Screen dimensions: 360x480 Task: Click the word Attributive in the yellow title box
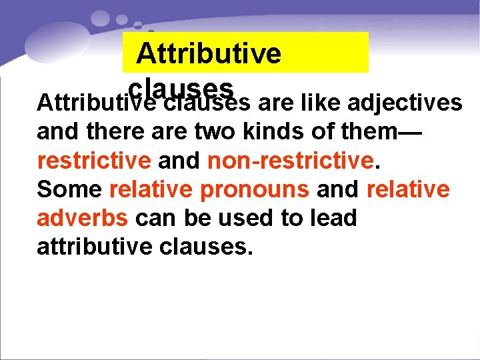coord(209,53)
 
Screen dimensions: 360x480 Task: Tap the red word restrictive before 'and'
coord(94,160)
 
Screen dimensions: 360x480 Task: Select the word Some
coord(69,189)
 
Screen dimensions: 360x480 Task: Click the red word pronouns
coord(255,189)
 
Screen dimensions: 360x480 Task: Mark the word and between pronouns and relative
coord(337,189)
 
